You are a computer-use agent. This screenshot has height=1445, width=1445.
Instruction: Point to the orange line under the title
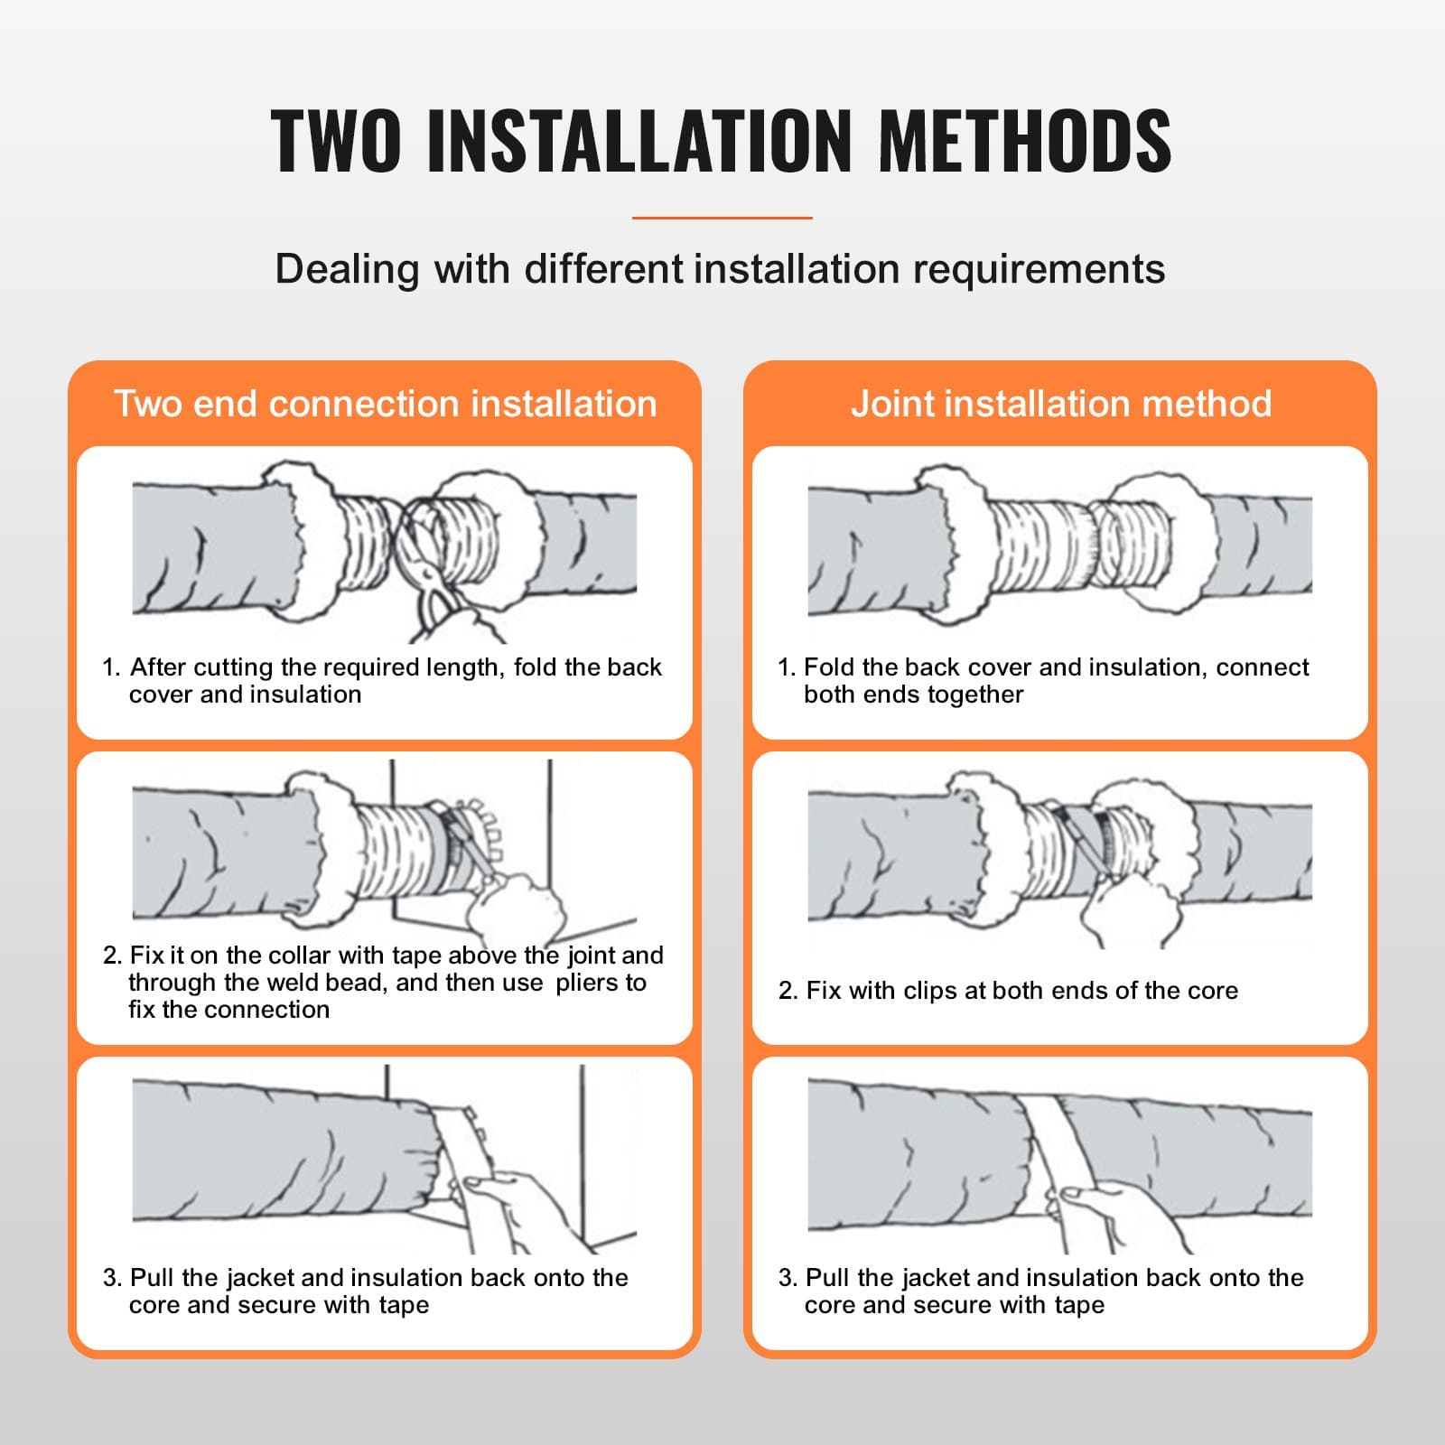(x=722, y=218)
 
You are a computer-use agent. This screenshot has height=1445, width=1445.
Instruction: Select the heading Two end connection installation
(x=386, y=404)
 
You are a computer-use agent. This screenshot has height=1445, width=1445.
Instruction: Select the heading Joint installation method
(x=1061, y=404)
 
